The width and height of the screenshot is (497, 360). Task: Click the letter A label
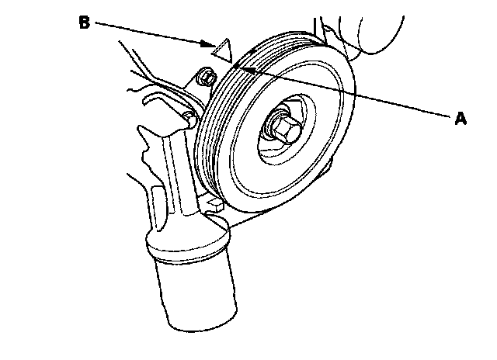click(x=460, y=118)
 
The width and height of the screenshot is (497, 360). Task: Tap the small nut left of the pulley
click(x=206, y=78)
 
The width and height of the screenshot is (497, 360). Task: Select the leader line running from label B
click(x=148, y=33)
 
